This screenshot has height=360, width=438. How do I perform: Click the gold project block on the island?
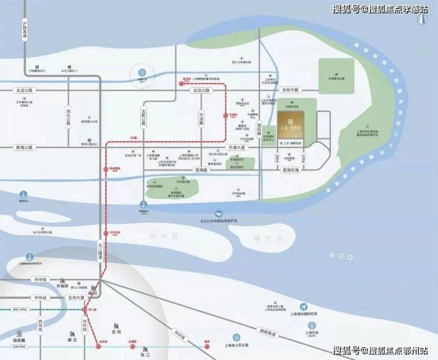click(289, 125)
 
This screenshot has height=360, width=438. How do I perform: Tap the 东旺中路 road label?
click(291, 90)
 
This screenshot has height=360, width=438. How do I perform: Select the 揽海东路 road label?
click(291, 169)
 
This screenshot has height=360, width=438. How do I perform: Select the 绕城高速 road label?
click(265, 327)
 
